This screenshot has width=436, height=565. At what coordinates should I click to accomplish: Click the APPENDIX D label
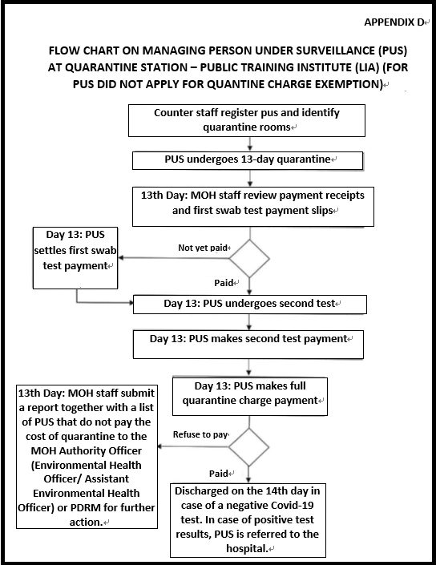(394, 22)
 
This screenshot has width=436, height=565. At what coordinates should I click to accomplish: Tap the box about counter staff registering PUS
(247, 120)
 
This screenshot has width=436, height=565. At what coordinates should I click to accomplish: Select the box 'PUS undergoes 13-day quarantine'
(248, 160)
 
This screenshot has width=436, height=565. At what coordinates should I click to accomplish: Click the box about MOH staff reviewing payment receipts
(253, 207)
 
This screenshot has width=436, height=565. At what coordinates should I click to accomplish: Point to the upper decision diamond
(249, 258)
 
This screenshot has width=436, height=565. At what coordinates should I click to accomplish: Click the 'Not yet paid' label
(203, 248)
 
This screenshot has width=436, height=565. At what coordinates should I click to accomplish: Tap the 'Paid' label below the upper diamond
(224, 283)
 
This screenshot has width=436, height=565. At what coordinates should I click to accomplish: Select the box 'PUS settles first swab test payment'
(75, 257)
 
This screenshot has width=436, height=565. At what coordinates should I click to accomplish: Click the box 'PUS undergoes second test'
(250, 305)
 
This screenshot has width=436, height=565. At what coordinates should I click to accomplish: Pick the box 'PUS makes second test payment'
(248, 345)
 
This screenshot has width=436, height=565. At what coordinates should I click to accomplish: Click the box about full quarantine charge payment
(250, 397)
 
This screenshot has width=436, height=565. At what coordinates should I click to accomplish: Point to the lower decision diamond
(248, 447)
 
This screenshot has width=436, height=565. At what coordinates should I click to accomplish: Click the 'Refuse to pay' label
(200, 434)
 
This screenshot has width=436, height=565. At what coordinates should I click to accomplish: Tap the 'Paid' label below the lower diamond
(219, 474)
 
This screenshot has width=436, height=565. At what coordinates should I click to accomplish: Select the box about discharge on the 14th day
(248, 520)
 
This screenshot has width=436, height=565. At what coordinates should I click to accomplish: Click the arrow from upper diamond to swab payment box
(175, 258)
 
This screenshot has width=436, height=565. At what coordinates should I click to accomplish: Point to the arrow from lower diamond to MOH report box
(193, 447)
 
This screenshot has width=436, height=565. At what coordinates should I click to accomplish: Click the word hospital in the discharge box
(247, 549)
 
